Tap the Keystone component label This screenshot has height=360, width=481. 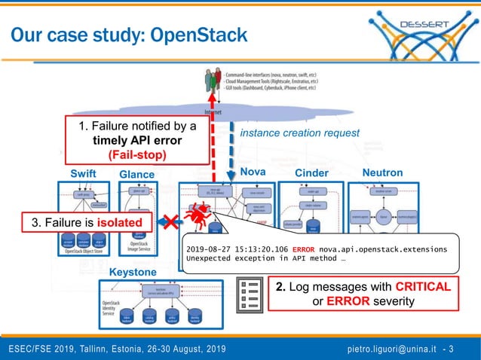coord(133,271)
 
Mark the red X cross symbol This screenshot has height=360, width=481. coord(173,222)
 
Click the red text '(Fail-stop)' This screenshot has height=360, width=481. coord(137,155)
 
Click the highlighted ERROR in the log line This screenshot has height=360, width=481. coord(305,248)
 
